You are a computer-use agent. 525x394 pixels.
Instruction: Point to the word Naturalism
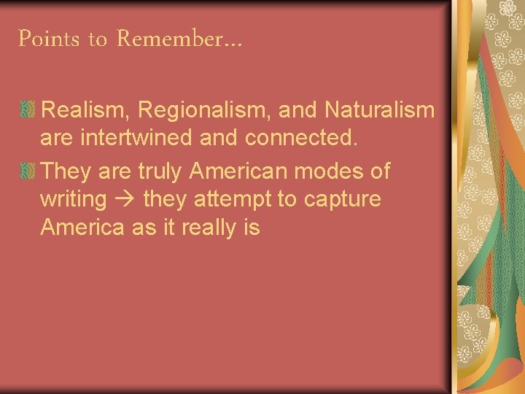tap(379, 110)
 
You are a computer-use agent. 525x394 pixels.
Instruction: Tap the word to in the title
tap(98, 40)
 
